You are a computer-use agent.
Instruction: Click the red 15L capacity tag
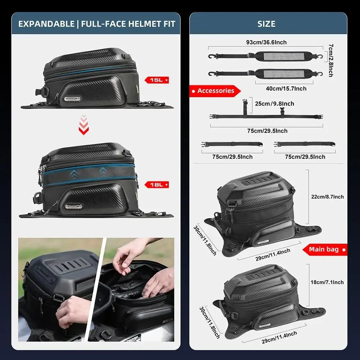156,80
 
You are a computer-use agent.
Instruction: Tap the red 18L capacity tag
157,185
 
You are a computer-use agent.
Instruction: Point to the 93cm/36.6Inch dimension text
266,42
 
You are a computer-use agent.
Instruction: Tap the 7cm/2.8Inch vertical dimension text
330,60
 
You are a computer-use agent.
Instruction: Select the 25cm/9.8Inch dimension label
274,104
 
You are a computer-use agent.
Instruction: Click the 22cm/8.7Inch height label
327,197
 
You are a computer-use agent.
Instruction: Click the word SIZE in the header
266,24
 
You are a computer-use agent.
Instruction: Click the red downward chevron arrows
84,125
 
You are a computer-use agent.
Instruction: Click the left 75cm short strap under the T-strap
232,144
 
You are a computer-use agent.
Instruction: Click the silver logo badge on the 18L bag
73,206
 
